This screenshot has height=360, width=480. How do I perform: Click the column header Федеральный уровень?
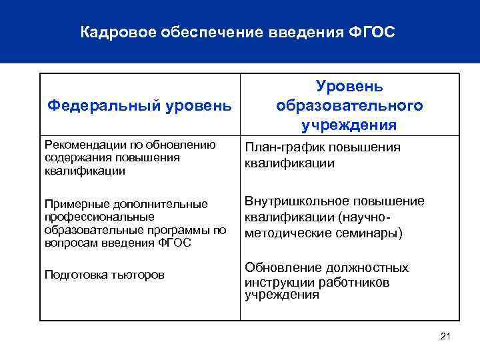tap(140, 105)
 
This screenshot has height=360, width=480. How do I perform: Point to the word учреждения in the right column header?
tap(349, 125)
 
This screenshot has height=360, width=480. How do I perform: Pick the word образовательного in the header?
tap(349, 105)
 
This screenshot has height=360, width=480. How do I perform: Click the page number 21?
tap(446, 337)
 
